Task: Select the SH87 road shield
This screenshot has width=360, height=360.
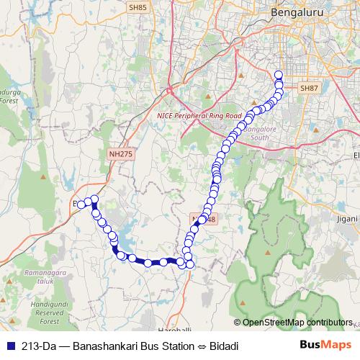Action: pyautogui.click(x=308, y=88)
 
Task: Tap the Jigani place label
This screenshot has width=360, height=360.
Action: pyautogui.click(x=347, y=218)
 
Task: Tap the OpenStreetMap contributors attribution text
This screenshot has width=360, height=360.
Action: pyautogui.click(x=297, y=322)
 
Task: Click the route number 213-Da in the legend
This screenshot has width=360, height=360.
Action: pyautogui.click(x=40, y=346)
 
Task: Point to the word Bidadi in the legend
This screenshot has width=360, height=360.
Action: pyautogui.click(x=222, y=346)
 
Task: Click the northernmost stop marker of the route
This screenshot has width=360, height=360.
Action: pyautogui.click(x=279, y=74)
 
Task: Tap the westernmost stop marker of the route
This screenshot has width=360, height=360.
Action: pyautogui.click(x=82, y=204)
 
